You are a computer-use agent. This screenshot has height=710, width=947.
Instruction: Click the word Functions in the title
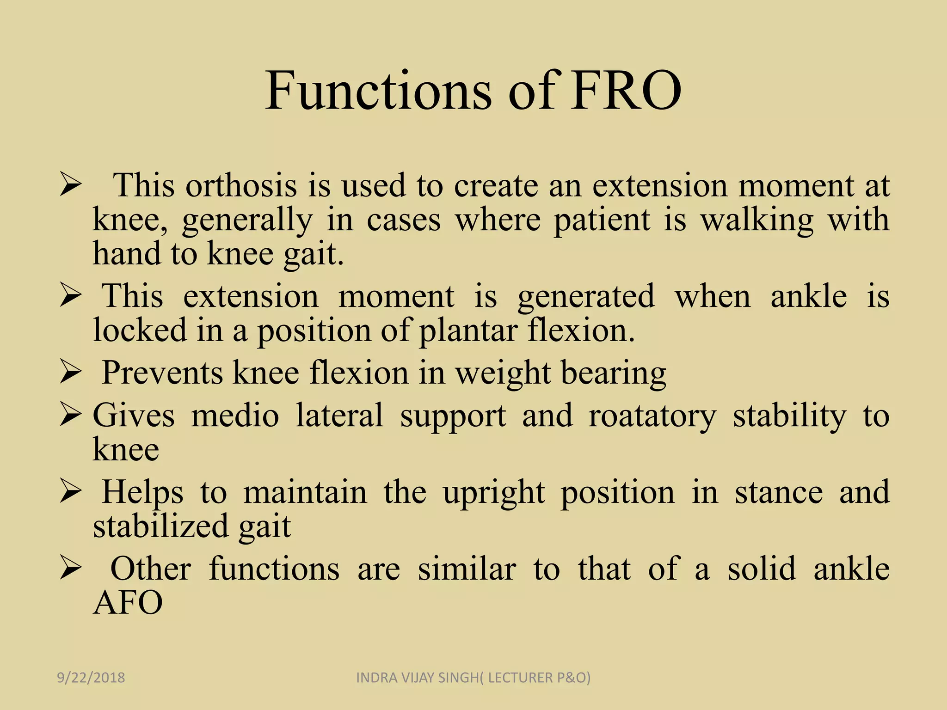(378, 91)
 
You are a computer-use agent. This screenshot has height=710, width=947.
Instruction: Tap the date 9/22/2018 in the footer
(91, 678)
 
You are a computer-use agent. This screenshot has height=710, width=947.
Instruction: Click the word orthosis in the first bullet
(241, 186)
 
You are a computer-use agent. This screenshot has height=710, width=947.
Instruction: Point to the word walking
(757, 220)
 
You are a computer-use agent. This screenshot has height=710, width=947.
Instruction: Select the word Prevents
(162, 373)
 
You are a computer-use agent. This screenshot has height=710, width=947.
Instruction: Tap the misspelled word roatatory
(652, 416)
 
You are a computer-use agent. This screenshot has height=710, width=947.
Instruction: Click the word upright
(494, 493)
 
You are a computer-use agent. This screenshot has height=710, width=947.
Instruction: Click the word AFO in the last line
(128, 603)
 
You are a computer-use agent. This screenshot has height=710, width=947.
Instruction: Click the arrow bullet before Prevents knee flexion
(71, 373)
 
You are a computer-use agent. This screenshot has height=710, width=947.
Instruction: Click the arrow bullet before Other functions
(71, 569)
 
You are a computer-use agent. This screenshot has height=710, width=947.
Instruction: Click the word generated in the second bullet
(586, 297)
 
